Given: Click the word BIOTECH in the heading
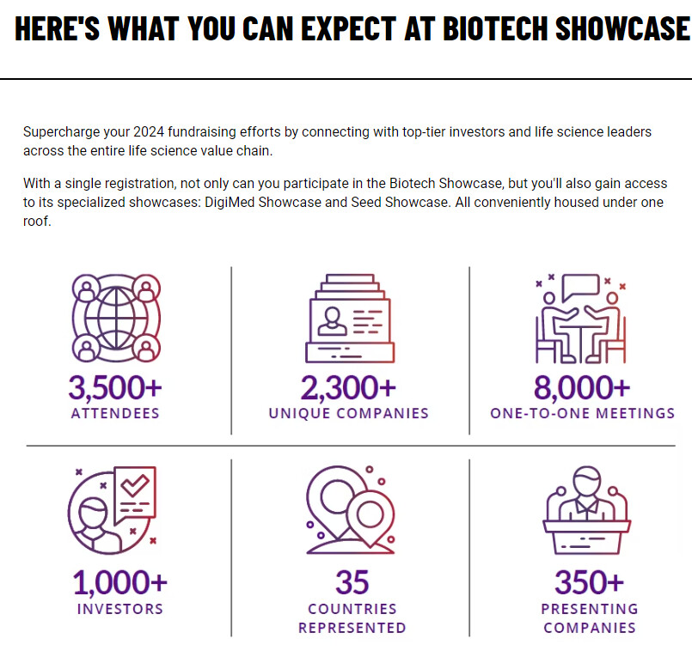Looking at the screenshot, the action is click(x=495, y=28).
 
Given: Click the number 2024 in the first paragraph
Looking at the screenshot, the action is click(x=149, y=131).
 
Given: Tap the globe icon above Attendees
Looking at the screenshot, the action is click(x=116, y=318).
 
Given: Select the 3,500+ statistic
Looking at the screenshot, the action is click(x=115, y=387).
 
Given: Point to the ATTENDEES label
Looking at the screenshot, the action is click(x=115, y=413).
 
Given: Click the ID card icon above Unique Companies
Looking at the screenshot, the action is click(x=350, y=319).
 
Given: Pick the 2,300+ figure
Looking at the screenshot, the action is click(x=348, y=387).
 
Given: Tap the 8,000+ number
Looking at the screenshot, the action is click(x=582, y=387).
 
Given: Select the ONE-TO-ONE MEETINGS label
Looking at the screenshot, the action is click(x=583, y=413).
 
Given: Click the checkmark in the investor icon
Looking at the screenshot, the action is click(x=135, y=485).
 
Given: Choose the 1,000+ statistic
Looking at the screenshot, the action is click(x=120, y=582).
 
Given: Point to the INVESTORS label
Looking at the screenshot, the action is click(x=120, y=609).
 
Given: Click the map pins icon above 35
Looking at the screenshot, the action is click(x=351, y=510).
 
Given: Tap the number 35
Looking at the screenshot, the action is click(x=352, y=582).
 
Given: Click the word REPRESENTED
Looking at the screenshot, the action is click(x=352, y=628).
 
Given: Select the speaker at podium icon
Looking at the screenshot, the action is click(x=587, y=510).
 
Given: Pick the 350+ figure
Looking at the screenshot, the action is click(x=589, y=582).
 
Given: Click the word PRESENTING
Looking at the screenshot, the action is click(x=590, y=609).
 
